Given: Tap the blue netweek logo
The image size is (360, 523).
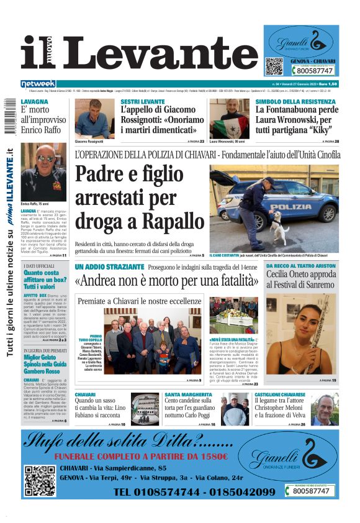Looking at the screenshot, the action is pyautogui.click(x=38, y=83).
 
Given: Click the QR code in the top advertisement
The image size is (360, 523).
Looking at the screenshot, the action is pyautogui.click(x=274, y=66).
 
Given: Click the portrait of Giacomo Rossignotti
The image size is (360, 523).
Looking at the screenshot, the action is pyautogui.click(x=93, y=118).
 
